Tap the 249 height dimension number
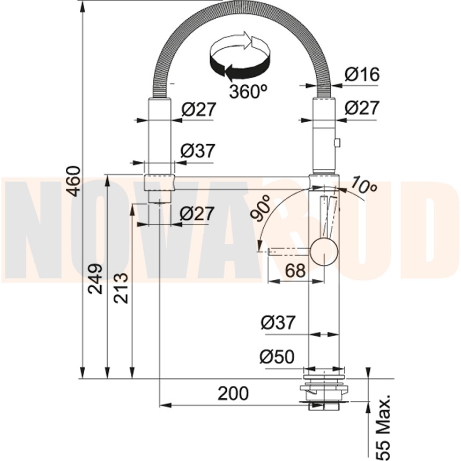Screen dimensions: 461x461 (96, 279)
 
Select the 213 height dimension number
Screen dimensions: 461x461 (121, 288)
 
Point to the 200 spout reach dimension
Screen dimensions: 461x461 (233, 393)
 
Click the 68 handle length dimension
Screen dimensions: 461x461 (296, 271)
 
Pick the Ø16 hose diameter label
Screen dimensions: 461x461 (362, 74)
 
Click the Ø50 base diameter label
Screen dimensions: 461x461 (277, 356)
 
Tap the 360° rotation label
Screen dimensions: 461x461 (248, 91)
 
